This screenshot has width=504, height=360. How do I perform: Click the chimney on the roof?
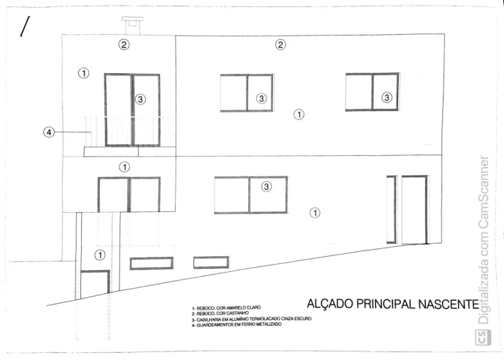click(x=132, y=25)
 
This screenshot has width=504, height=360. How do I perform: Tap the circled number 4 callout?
click(x=49, y=132)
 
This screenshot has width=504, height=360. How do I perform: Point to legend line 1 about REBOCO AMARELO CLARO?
click(x=226, y=308)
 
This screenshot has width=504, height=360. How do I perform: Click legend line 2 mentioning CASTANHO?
click(x=220, y=313)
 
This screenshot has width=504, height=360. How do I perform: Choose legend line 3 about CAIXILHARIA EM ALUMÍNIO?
click(x=252, y=319)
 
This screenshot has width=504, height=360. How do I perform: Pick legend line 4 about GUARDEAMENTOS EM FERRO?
click(x=237, y=324)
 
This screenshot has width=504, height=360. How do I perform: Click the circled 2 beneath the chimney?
click(x=124, y=44)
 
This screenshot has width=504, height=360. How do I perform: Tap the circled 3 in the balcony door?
click(x=140, y=100)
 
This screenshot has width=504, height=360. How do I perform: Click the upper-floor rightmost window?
click(x=372, y=92)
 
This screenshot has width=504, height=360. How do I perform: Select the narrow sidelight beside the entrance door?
click(x=391, y=209)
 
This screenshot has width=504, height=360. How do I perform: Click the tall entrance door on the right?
click(x=414, y=210)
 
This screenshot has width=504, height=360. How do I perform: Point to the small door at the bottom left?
click(x=95, y=285)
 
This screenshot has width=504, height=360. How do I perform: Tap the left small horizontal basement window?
click(x=151, y=263)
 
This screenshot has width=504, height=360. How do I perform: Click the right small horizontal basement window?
click(x=211, y=263)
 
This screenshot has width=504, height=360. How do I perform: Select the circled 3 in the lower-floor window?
click(x=266, y=186)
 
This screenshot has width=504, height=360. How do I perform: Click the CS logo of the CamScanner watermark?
click(x=483, y=338)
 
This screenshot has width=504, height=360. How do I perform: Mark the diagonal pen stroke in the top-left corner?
click(x=25, y=26)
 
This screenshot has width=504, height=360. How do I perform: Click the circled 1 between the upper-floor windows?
click(x=299, y=115)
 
